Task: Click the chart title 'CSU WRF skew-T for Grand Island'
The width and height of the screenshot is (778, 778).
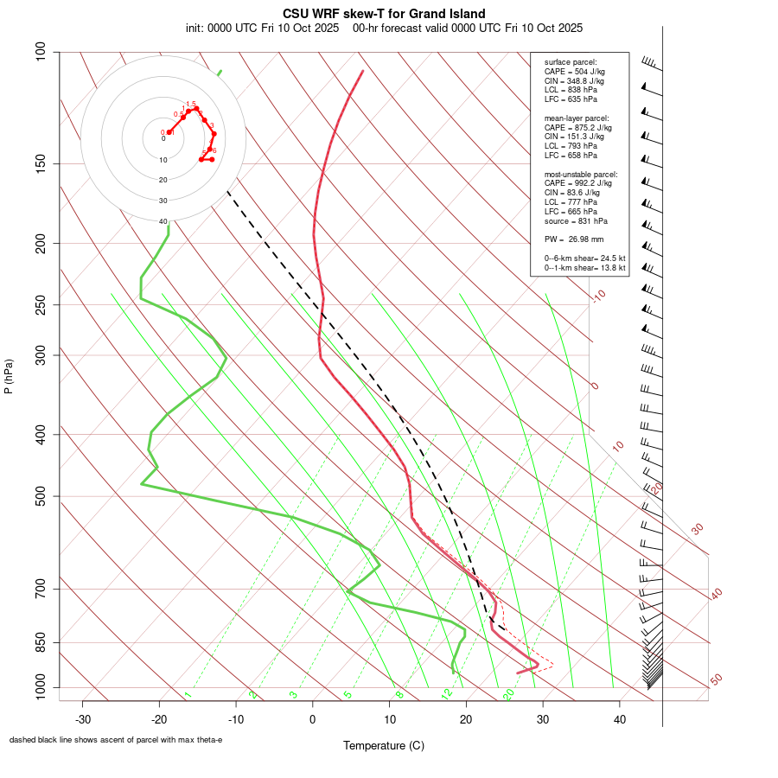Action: click(384, 14)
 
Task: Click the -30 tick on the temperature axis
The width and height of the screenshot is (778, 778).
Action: click(83, 718)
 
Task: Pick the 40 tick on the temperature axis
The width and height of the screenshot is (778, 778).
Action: click(619, 718)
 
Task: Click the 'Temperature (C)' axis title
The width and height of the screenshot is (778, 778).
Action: click(384, 745)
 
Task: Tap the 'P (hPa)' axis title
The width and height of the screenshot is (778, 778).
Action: click(9, 377)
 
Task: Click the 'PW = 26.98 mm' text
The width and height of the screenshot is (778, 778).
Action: click(574, 239)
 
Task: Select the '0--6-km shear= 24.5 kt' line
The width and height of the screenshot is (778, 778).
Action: click(585, 258)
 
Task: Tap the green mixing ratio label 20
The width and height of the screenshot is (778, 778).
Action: click(509, 693)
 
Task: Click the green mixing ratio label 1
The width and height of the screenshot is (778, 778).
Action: click(188, 694)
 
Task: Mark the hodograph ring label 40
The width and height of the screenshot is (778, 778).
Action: click(163, 221)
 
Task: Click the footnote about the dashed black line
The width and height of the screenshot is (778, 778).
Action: click(116, 740)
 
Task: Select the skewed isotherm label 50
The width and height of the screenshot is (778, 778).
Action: click(716, 679)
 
